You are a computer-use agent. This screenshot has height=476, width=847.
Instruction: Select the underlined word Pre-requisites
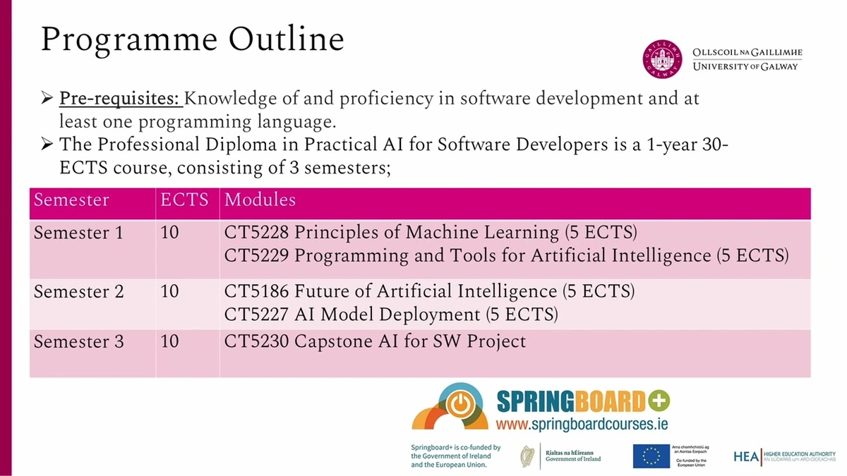coord(120,99)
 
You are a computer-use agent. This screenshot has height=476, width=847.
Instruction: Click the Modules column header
coord(260,200)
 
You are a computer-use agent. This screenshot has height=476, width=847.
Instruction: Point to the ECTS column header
coord(184,200)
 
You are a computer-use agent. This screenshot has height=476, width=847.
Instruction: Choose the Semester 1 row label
coord(78,232)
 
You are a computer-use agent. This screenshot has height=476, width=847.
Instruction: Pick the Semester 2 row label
coord(78,291)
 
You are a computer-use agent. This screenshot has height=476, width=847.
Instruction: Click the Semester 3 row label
coord(78,342)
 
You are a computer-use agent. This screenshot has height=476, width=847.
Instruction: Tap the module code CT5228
coord(256,232)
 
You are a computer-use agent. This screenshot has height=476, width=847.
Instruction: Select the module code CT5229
coord(256,255)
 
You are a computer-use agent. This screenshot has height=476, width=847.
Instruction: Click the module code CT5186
coord(256,291)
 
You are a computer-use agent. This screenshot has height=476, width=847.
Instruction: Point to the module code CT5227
coord(256,314)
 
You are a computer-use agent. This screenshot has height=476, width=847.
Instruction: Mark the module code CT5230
coord(256,342)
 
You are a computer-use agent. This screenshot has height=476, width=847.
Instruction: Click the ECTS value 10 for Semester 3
coord(169,342)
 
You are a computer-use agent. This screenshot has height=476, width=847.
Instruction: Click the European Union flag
coord(651,456)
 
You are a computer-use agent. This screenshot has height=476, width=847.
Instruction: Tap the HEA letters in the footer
coord(746,457)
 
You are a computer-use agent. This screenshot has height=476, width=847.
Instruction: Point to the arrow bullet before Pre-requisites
coord(48,99)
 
